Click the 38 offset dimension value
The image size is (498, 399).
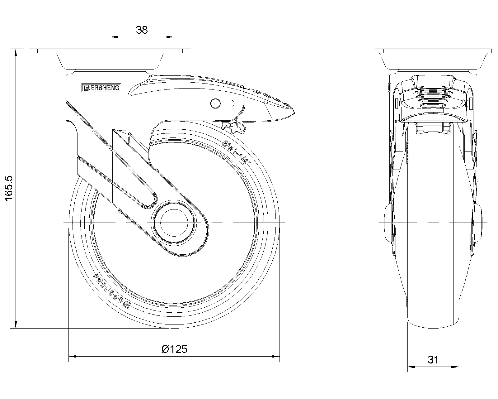[142, 30]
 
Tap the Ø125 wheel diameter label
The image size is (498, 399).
[175, 349]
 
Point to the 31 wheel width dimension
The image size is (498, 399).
[433, 360]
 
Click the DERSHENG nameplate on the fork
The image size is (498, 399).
[101, 88]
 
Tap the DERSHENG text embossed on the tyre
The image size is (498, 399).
[112, 292]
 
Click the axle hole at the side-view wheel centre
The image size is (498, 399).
[174, 223]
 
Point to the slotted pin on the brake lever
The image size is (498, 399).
[215, 103]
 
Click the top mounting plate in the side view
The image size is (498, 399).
[110, 51]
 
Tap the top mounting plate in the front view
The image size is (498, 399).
[433, 51]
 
